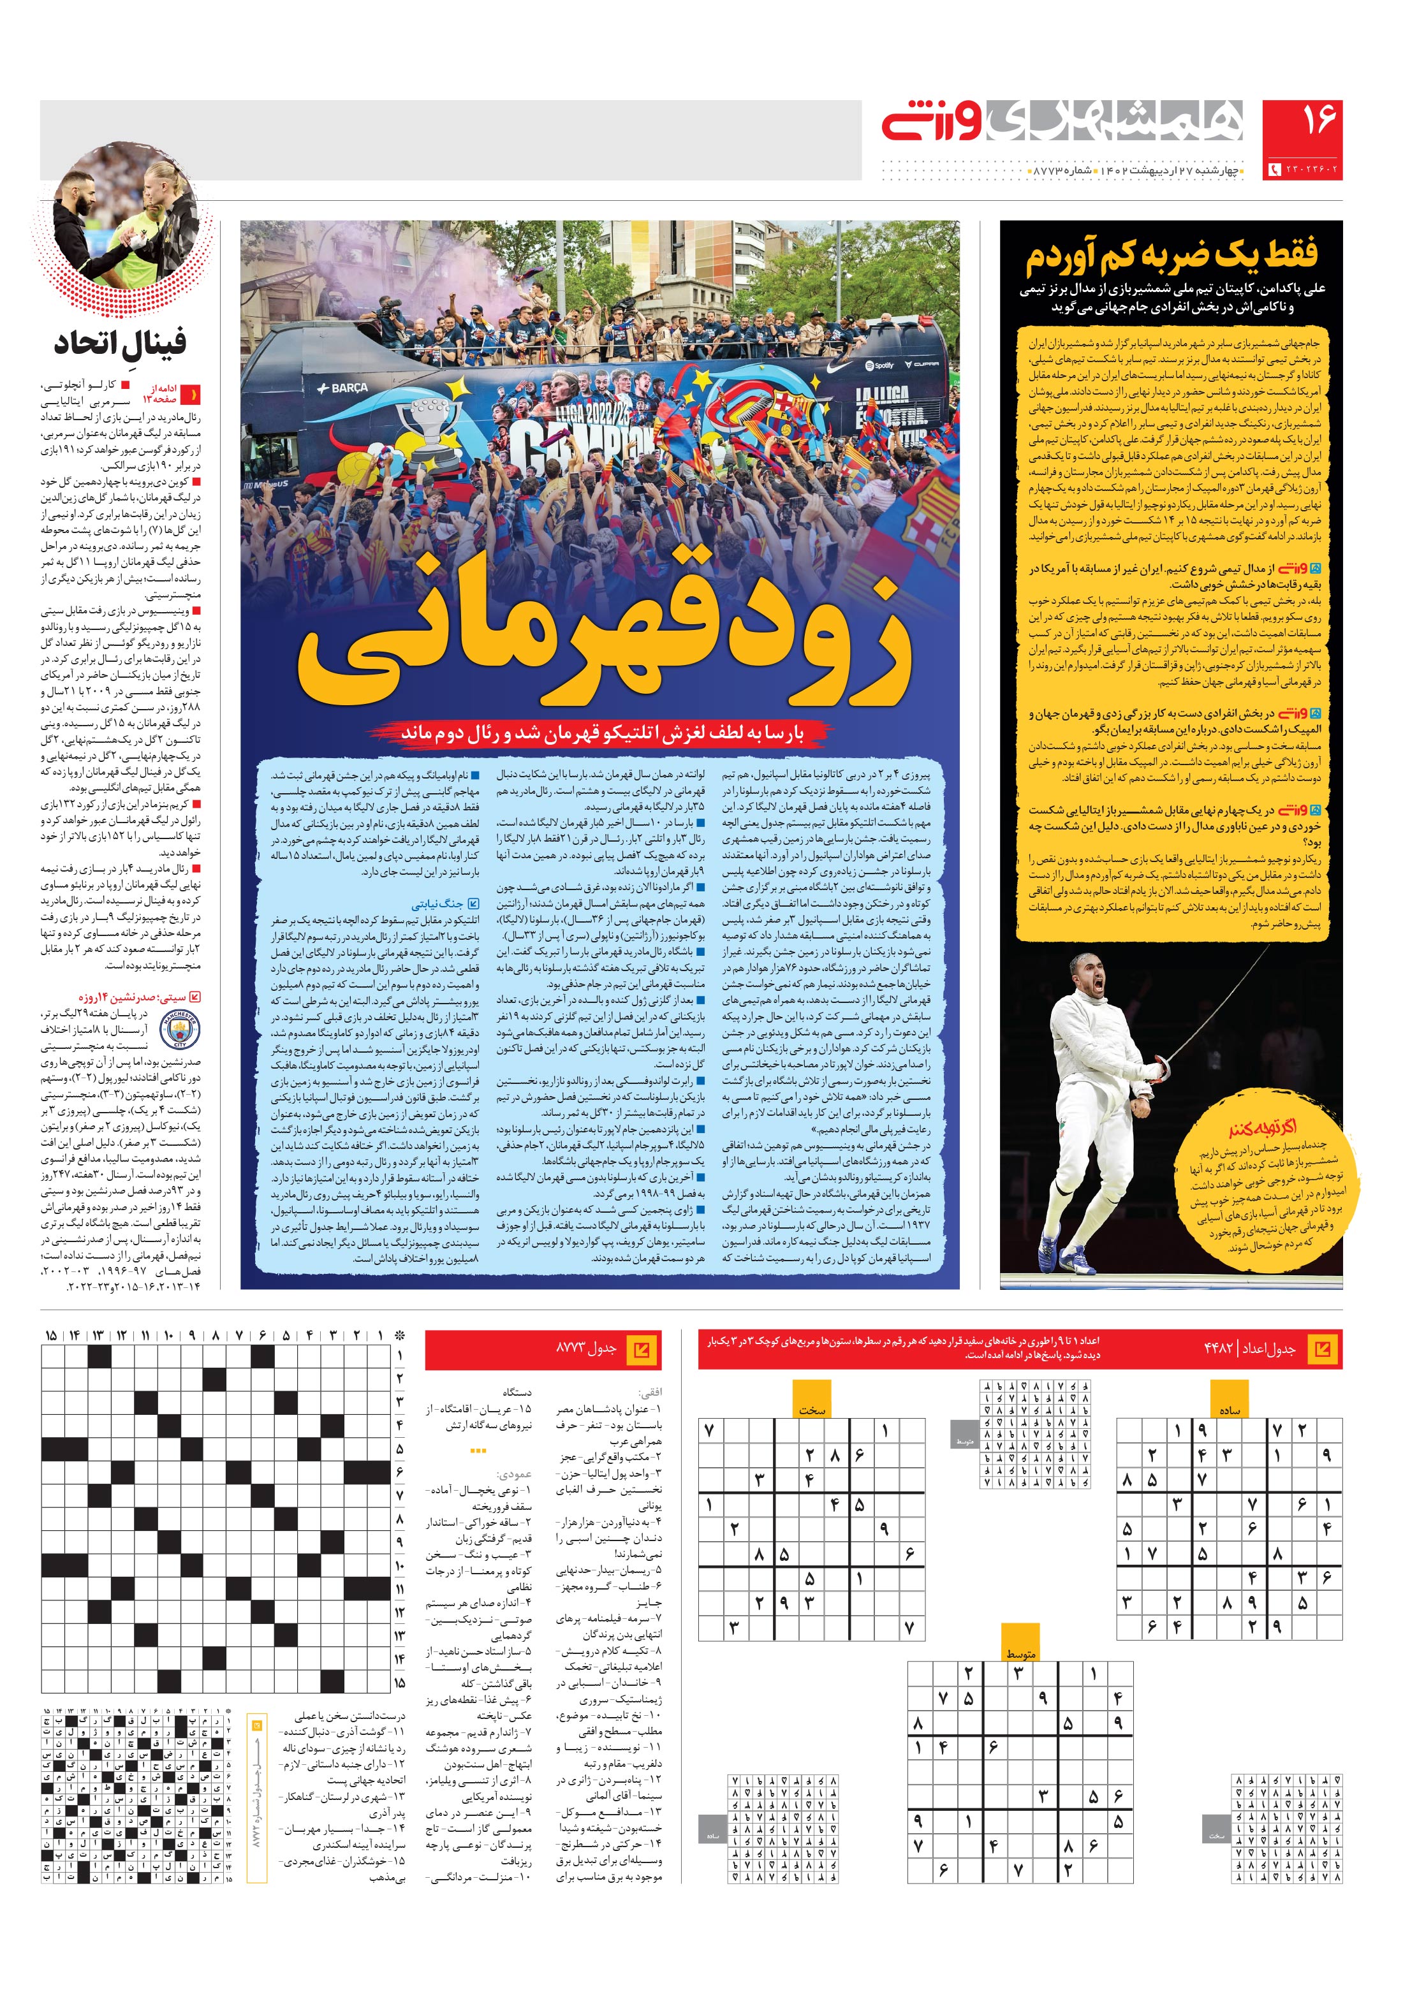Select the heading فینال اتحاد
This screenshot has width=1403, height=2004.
(121, 342)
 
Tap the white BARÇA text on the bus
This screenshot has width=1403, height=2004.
(343, 386)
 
